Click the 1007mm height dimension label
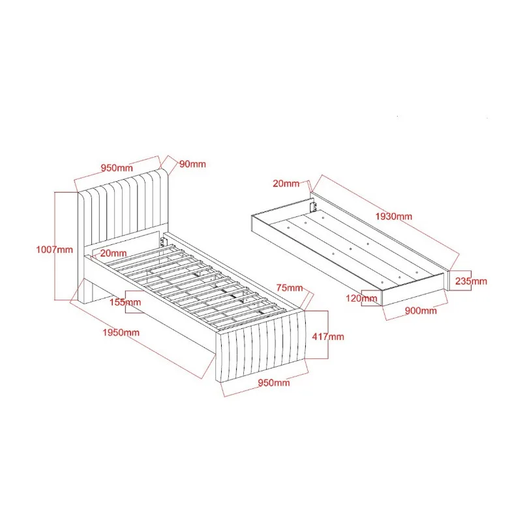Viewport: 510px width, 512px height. [x=54, y=249]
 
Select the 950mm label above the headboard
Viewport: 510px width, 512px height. [x=117, y=168]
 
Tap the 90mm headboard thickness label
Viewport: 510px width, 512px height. [x=192, y=164]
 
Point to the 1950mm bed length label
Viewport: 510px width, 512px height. [x=121, y=332]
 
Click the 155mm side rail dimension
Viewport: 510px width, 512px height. [x=125, y=302]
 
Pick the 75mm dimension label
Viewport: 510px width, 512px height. [x=290, y=288]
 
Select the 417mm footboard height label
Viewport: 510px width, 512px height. [x=328, y=336]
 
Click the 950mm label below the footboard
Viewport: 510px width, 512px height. [x=274, y=382]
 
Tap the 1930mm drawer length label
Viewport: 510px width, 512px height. [x=394, y=216]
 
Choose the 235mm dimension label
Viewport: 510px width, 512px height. [x=471, y=281]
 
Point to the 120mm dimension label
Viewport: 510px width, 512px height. [x=361, y=298]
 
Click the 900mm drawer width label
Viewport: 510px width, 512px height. [x=421, y=310]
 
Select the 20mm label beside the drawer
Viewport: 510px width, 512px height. [x=286, y=184]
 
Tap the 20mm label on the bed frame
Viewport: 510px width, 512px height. [x=113, y=253]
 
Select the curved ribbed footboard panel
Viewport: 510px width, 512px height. [x=261, y=346]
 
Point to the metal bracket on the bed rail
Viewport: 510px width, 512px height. [x=163, y=242]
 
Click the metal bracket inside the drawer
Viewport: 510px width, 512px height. [x=313, y=206]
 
